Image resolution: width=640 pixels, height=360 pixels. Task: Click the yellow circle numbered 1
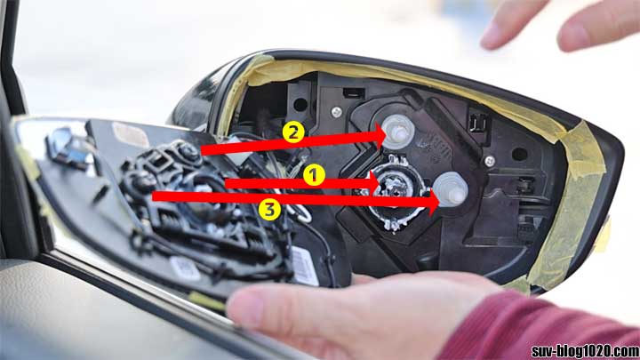point(312,175)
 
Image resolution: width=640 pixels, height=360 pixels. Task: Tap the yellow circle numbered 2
point(294,132)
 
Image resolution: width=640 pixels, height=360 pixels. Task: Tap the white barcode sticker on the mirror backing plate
point(303,264)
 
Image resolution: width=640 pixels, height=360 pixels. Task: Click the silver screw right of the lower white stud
point(489,161)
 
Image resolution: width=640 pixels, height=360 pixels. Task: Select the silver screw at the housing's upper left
point(337,112)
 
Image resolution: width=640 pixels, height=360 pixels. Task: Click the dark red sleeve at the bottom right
point(551,329)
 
